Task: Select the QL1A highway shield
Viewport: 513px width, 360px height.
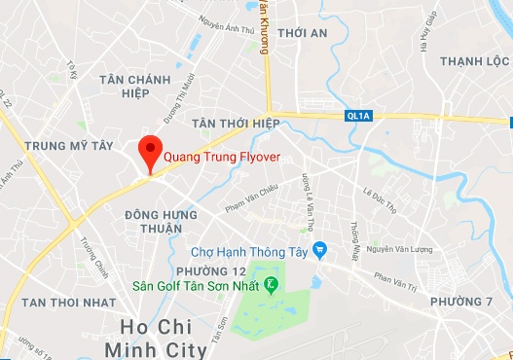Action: [358, 116]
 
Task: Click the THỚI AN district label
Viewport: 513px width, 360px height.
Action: [302, 33]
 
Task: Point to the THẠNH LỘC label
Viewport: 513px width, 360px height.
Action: [473, 61]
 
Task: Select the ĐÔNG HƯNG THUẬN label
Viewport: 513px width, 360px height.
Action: [154, 220]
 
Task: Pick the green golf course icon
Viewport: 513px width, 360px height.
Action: [272, 284]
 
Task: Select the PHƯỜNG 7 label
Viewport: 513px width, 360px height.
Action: [461, 300]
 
